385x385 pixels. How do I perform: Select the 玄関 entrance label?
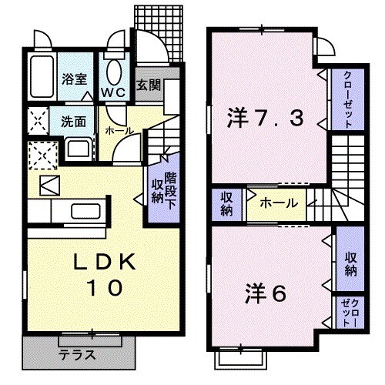(x=149, y=85)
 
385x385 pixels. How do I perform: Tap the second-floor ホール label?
(x=275, y=203)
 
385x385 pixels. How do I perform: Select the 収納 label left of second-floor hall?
(x=226, y=203)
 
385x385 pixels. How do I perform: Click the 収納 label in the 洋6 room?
(x=350, y=263)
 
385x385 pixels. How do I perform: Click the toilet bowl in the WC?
(x=114, y=73)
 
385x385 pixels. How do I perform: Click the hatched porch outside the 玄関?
(x=162, y=35)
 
